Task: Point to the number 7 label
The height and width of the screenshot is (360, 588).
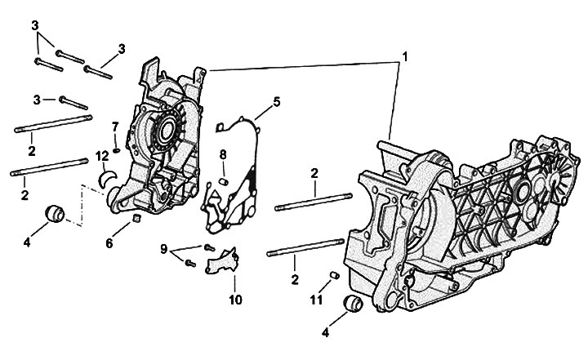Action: pyautogui.click(x=116, y=126)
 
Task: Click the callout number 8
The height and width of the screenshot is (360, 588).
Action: pyautogui.click(x=222, y=154)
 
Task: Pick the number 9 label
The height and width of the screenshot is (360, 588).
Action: pyautogui.click(x=163, y=249)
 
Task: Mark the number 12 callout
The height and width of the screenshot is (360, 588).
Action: pyautogui.click(x=101, y=155)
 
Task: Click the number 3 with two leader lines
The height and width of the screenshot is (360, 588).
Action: pyautogui.click(x=36, y=25)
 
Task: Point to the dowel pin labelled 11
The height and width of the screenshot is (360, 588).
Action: pyautogui.click(x=333, y=274)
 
